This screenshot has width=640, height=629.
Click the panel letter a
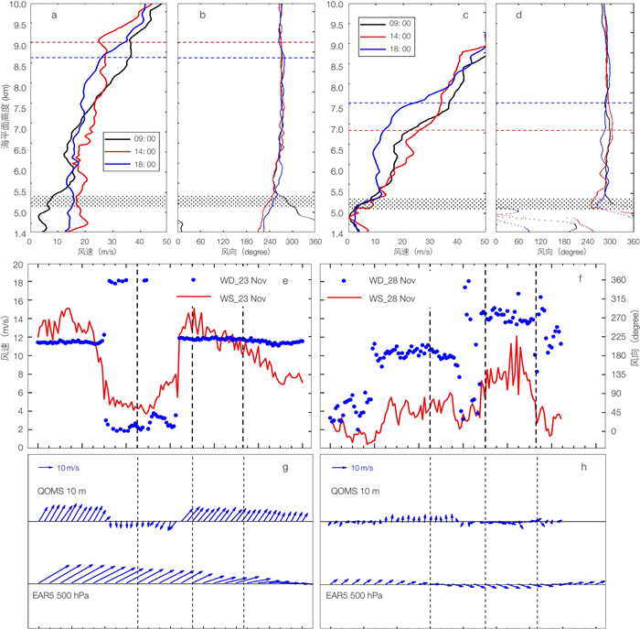point(55,16)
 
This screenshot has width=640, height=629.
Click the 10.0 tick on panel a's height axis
point(18,5)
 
